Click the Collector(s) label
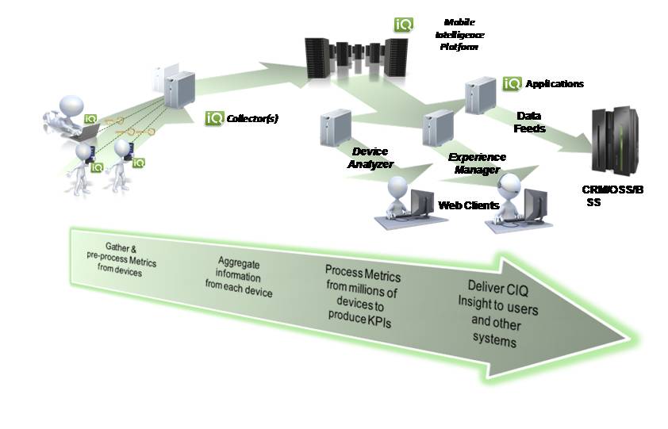253,119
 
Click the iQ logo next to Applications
512,82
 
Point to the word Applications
555,83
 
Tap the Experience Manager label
477,163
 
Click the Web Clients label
469,205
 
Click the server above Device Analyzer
336,129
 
